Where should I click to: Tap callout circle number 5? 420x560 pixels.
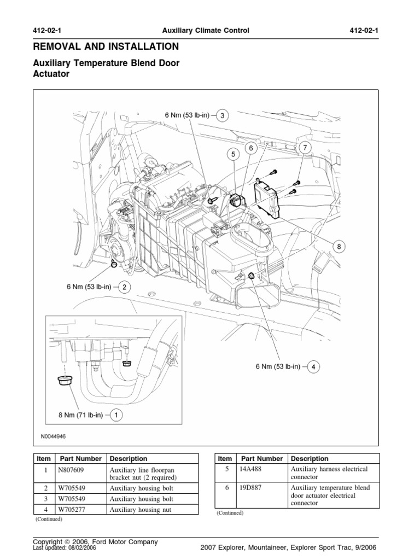click(x=233, y=155)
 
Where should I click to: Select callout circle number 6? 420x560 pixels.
click(x=251, y=148)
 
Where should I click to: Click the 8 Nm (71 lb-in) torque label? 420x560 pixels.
click(x=80, y=415)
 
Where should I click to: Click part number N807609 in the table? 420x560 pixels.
click(x=73, y=470)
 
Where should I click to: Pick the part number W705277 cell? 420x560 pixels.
click(x=73, y=510)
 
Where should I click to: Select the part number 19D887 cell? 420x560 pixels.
click(x=251, y=487)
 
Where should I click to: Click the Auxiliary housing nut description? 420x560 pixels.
click(x=141, y=510)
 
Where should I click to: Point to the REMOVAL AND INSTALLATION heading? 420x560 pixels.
click(x=106, y=46)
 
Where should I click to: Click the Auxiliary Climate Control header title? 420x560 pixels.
click(x=209, y=31)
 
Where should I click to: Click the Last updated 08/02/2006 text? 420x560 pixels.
click(x=66, y=548)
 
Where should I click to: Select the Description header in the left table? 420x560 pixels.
click(x=129, y=459)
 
